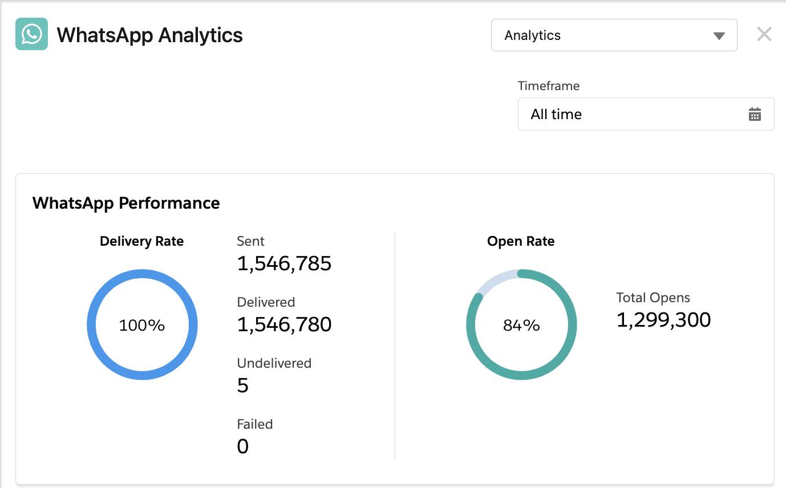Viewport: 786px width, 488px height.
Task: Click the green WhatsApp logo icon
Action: point(31,34)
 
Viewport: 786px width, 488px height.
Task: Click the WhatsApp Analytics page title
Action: point(149,35)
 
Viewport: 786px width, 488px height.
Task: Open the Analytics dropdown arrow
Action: point(719,36)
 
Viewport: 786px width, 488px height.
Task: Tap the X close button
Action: point(764,35)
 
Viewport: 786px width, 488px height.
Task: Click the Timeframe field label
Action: point(548,86)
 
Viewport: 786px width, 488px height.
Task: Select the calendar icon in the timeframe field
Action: point(754,115)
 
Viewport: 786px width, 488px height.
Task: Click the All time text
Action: point(556,115)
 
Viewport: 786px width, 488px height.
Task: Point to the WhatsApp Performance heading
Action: point(126,204)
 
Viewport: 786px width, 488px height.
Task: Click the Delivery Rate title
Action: point(141,242)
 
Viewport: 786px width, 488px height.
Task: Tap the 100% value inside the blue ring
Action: point(141,326)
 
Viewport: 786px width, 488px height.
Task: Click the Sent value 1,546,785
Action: point(284,264)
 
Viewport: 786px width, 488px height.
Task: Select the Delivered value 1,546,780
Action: point(284,324)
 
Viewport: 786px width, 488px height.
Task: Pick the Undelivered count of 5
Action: point(243,386)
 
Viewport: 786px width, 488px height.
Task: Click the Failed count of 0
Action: point(243,446)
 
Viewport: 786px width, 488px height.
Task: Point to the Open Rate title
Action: point(521,242)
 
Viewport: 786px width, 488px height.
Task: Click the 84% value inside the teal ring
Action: point(521,326)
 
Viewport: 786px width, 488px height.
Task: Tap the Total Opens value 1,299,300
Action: point(663,320)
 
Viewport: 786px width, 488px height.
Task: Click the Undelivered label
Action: point(274,364)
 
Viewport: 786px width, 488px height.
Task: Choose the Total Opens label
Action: point(653,298)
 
